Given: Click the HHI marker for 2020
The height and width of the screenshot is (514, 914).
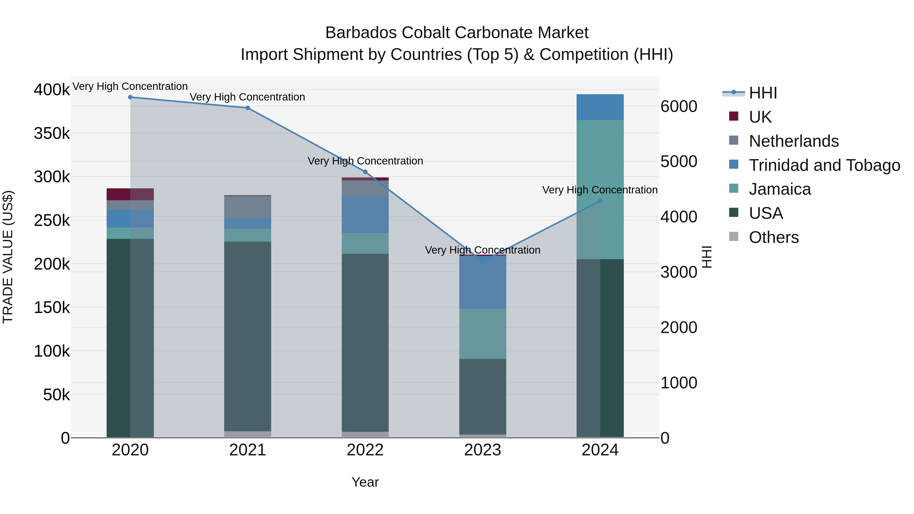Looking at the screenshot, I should tap(130, 97).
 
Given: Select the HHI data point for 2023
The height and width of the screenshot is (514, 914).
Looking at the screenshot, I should tap(483, 261).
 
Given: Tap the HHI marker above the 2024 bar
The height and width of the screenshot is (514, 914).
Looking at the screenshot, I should tap(600, 201).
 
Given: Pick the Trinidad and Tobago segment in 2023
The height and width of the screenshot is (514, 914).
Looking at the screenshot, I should tap(483, 282).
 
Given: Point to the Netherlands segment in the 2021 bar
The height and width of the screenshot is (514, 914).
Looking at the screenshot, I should tap(248, 207).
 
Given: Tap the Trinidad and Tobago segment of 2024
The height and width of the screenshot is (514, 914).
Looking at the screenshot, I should tap(600, 107).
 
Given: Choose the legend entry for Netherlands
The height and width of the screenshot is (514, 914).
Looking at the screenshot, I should tap(793, 141).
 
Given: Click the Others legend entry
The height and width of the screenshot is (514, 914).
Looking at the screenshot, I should tap(774, 237).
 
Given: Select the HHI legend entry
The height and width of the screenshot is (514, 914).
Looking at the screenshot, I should tap(763, 93).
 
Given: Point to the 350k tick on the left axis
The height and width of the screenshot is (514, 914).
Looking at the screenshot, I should tap(52, 134).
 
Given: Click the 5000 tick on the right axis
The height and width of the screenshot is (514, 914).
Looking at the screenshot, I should tap(679, 161).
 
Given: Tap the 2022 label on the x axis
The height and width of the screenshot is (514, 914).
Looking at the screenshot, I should tap(365, 450).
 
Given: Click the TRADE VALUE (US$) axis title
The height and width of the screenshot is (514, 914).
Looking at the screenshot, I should tap(8, 257).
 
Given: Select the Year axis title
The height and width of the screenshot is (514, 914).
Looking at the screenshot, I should tap(365, 482).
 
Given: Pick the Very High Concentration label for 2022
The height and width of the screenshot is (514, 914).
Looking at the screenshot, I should tap(365, 161).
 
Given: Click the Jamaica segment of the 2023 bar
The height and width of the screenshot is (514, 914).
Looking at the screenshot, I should tap(483, 334).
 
